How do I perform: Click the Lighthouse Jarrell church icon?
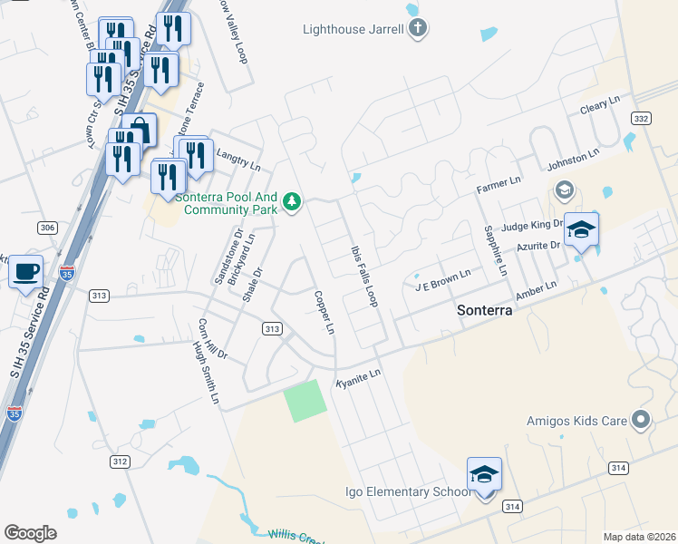point(417,29)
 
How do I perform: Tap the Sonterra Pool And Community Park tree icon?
point(292,200)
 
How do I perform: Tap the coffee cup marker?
point(26,271)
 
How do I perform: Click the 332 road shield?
point(642,120)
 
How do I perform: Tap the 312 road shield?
point(120,461)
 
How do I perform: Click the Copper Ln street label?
point(324,312)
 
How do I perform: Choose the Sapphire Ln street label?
point(494,251)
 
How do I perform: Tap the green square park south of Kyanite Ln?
point(305,401)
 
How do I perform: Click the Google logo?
point(31,533)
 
